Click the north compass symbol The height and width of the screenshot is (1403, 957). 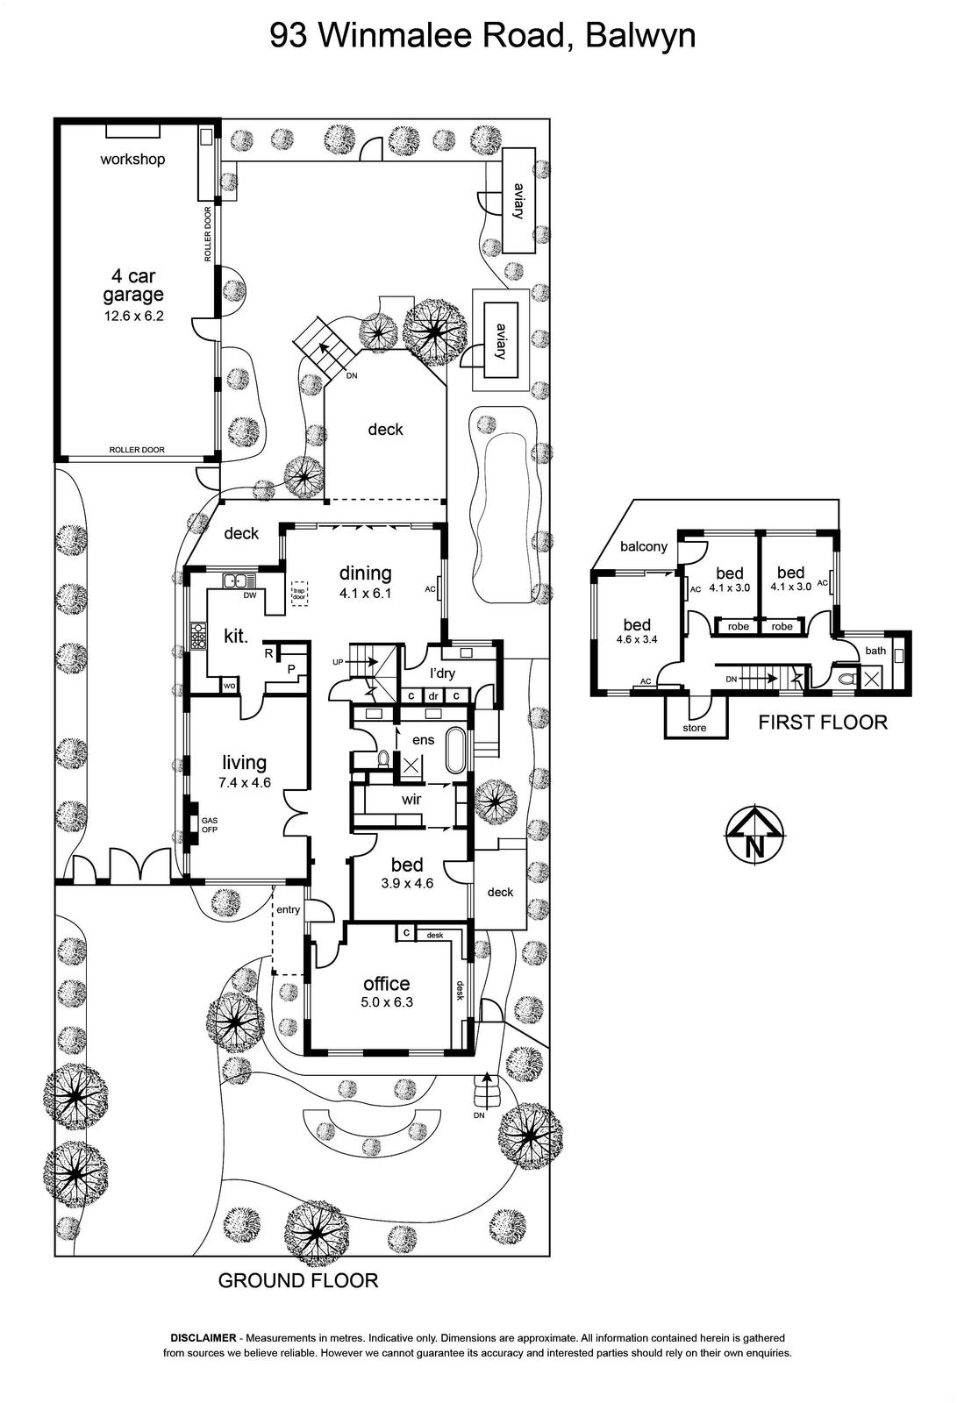point(755,836)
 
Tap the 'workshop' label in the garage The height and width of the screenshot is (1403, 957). point(132,159)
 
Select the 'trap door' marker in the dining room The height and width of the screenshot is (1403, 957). point(299,594)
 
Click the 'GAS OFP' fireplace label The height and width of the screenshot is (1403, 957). point(210,825)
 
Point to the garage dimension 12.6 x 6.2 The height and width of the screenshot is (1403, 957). point(133,316)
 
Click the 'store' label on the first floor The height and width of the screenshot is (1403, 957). point(695,728)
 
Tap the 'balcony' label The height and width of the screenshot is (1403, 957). point(644,547)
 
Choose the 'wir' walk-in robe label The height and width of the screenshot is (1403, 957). point(411,799)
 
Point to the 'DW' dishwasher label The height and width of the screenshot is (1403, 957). point(250,595)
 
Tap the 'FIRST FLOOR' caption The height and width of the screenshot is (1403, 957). point(823,723)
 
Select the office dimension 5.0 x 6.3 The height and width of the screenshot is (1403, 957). point(387,1002)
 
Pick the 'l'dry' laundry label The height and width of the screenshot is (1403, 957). point(442,674)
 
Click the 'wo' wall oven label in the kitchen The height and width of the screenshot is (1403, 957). point(229,686)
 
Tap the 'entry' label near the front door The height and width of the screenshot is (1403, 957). point(289,909)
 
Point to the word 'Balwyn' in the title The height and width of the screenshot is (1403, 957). point(639,36)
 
